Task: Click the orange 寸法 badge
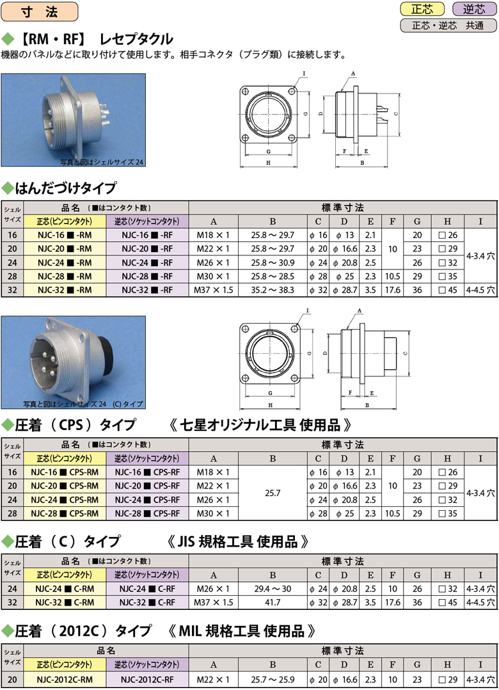click(39, 12)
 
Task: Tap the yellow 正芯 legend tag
click(422, 9)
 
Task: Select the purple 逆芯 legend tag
click(473, 9)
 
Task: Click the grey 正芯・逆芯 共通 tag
click(448, 26)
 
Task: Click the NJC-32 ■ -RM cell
click(65, 291)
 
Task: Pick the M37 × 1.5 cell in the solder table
click(213, 291)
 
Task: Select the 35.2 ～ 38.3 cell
click(273, 291)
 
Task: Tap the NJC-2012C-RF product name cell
click(147, 680)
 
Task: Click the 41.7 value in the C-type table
click(273, 602)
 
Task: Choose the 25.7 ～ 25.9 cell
click(273, 680)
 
